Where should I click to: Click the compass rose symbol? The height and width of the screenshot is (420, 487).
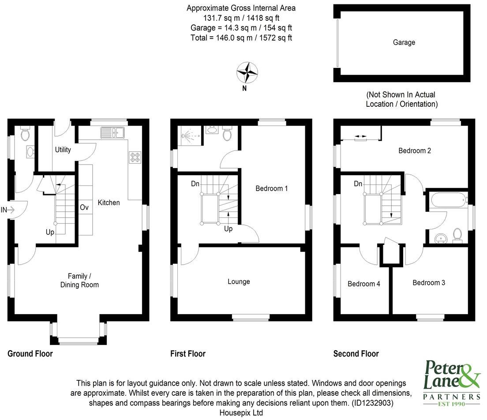[247, 72]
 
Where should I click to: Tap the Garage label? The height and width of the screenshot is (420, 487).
[404, 43]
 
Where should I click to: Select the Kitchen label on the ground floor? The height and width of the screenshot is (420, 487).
[109, 202]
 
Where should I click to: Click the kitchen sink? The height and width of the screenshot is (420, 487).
[112, 131]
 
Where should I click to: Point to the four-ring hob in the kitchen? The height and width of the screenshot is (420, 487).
[134, 157]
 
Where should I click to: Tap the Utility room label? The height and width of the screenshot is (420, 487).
[63, 150]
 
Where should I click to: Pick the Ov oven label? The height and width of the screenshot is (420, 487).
[84, 207]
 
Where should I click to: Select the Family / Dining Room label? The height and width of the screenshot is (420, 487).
[79, 281]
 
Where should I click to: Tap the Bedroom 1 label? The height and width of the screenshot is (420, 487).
[272, 188]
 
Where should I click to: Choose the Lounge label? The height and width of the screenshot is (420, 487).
[239, 281]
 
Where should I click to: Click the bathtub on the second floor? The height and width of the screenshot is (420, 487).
[446, 200]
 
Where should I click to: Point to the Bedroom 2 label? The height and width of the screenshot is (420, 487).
[415, 150]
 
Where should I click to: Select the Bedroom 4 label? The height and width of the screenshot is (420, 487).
[364, 284]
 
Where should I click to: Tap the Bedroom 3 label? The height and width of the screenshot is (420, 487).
[429, 283]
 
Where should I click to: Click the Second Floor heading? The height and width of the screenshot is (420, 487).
[356, 353]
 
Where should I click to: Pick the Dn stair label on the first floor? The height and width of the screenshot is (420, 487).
[195, 184]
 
